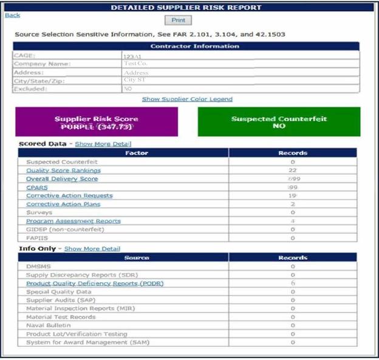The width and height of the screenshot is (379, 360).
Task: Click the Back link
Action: click(12, 15)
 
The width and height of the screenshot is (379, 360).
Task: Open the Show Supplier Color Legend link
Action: click(187, 99)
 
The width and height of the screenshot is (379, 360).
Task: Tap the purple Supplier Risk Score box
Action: click(97, 122)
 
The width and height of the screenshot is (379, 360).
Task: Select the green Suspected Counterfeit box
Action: click(279, 122)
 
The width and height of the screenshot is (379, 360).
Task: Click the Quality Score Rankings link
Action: click(63, 170)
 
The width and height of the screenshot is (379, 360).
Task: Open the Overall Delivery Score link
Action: click(62, 179)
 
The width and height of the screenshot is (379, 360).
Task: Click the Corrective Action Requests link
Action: click(69, 196)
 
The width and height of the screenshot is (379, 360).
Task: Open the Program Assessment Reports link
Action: click(73, 221)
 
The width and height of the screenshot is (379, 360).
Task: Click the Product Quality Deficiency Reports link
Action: click(94, 283)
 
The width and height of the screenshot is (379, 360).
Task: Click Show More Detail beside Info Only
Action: click(92, 249)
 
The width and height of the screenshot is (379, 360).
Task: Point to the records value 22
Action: click(292, 170)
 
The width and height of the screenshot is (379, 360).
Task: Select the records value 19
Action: click(292, 196)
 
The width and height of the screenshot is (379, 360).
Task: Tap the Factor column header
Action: click(124, 153)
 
